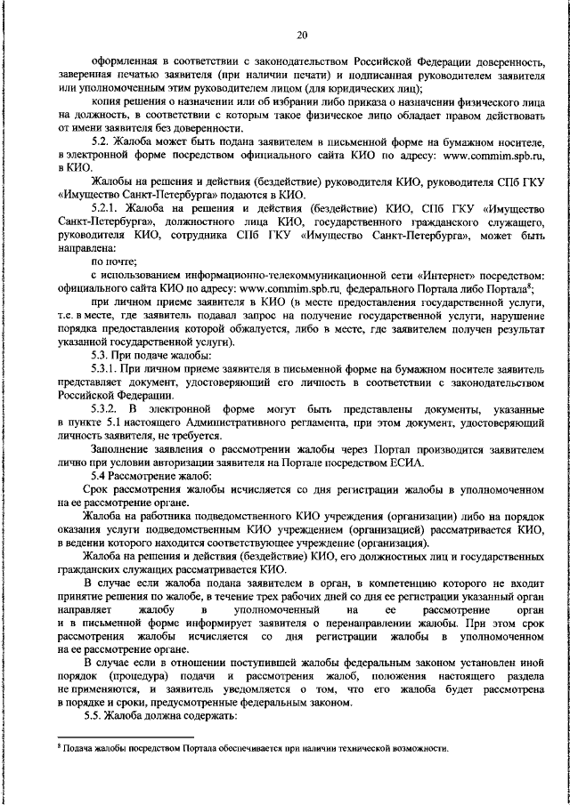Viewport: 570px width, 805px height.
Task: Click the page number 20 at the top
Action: [x=301, y=35]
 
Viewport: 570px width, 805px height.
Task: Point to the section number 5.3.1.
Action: [x=108, y=369]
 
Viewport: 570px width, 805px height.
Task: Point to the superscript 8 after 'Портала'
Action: [x=530, y=286]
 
